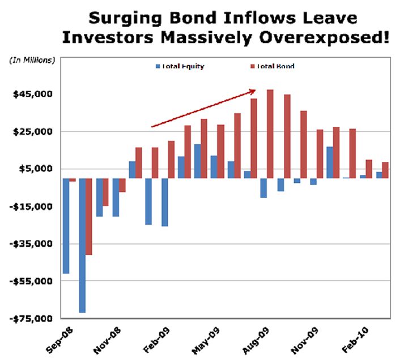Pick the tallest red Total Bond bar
coord(270,134)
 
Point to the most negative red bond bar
coord(89,216)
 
